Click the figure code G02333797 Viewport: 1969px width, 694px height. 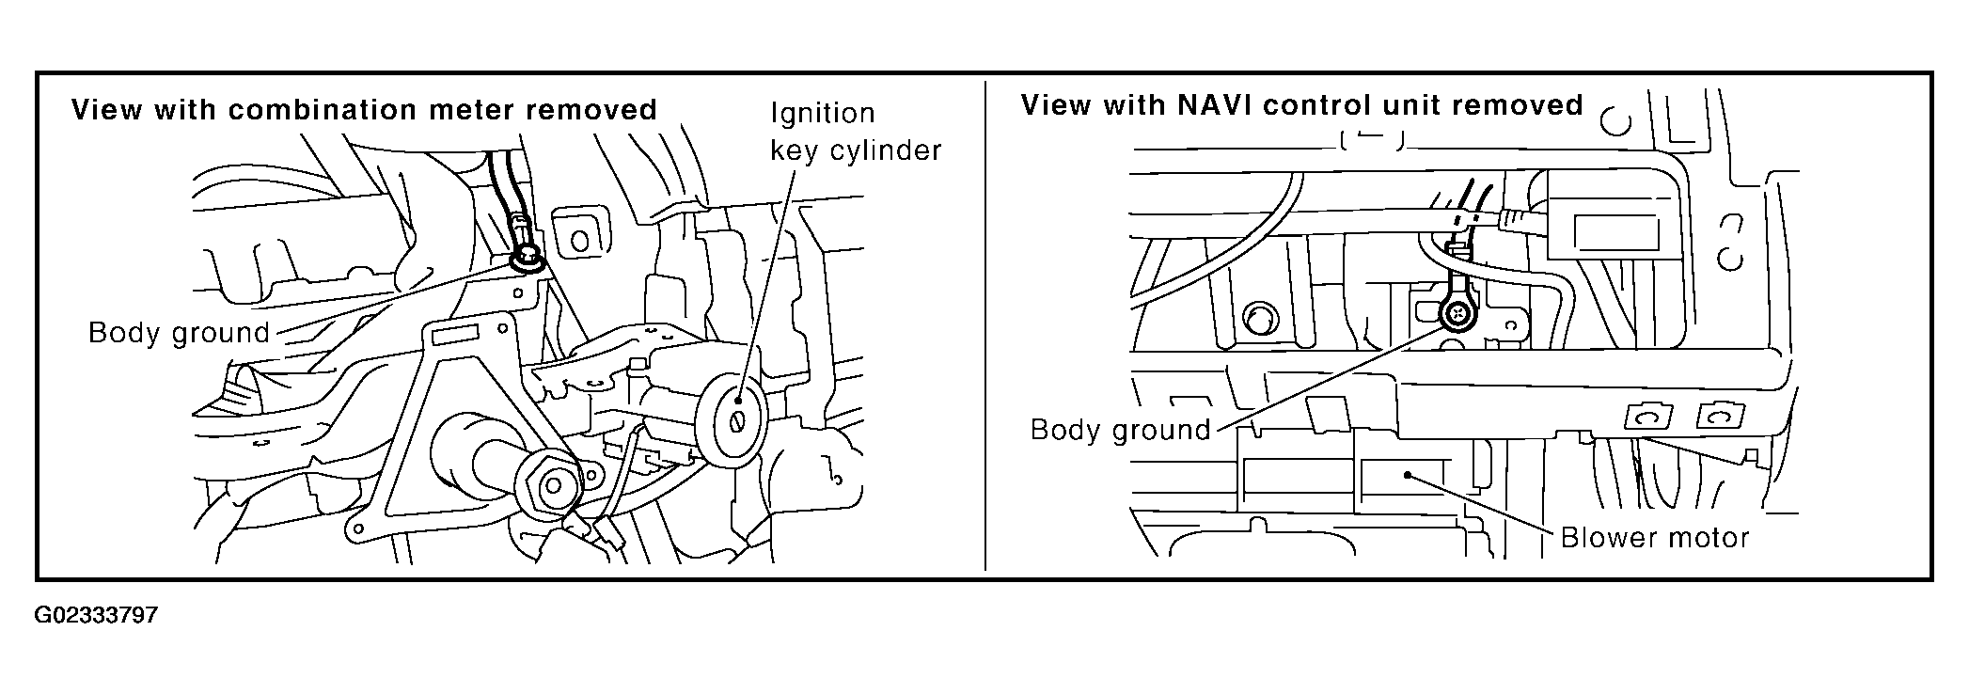(x=96, y=617)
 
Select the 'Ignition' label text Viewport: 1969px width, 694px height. (x=823, y=113)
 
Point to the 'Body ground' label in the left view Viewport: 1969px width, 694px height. (x=179, y=333)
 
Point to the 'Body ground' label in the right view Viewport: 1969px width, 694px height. (x=1120, y=430)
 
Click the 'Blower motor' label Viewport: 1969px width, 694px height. (x=1654, y=538)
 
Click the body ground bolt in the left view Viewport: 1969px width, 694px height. (x=528, y=257)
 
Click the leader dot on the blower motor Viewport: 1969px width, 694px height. (x=1408, y=474)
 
